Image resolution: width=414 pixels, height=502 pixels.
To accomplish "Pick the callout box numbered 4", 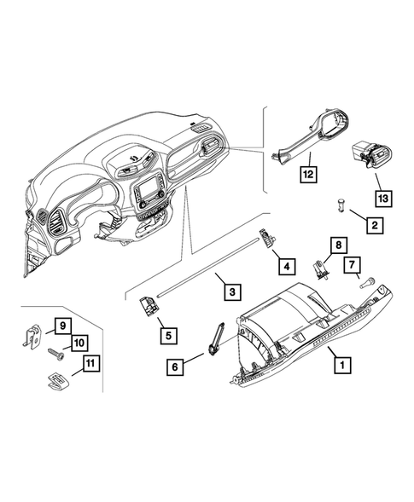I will (287, 265).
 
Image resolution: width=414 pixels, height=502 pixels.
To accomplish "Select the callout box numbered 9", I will (62, 324).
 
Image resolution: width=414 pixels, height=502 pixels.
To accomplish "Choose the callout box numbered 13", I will (383, 199).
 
